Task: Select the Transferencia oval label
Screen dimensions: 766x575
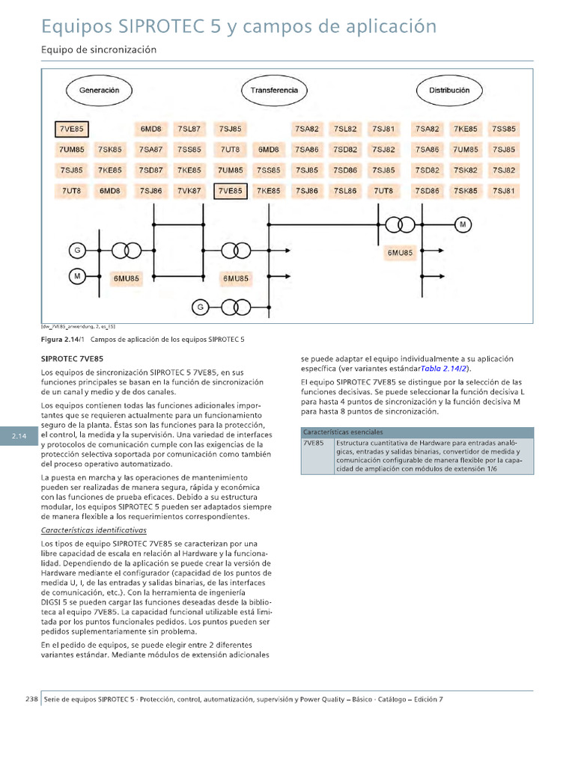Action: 273,91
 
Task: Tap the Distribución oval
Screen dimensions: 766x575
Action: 448,91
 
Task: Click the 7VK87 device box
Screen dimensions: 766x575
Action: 189,191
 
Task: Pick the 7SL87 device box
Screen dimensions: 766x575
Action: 189,129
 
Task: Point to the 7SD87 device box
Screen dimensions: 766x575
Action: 150,171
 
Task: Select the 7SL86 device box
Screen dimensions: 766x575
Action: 345,191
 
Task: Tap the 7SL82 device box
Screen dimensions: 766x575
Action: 345,129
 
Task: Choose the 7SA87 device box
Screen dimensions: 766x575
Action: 150,150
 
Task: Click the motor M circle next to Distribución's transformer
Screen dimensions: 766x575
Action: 463,224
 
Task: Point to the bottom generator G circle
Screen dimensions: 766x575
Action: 200,307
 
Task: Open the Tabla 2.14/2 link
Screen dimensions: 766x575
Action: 444,369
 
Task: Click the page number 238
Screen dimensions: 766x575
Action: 31,699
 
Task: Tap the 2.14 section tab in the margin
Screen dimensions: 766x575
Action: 19,437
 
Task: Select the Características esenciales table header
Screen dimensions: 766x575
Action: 343,432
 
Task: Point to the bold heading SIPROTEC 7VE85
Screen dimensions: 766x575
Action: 72,359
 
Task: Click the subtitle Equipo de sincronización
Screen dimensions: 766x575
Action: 98,49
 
